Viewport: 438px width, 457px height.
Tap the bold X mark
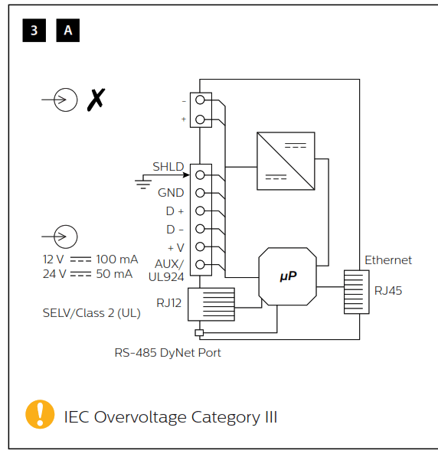96,100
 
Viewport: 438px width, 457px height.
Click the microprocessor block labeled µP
288,276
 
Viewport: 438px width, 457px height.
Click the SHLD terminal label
168,166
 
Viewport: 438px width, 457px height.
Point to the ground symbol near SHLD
142,182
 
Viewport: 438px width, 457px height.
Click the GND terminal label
171,193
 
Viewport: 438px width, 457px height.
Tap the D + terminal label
175,211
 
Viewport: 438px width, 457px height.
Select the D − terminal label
175,229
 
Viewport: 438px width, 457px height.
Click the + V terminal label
175,246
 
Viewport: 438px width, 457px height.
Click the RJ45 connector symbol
356,291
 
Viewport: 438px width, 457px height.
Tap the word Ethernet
387,260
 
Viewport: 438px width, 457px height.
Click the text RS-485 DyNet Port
168,353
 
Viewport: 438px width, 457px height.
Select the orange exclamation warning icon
39,414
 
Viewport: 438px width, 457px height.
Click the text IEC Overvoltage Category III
170,417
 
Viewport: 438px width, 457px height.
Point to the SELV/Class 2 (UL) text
91,313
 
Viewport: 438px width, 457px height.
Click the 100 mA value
117,260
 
